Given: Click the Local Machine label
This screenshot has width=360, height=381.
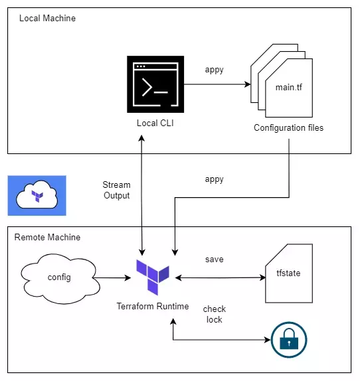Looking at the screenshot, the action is pos(47,18).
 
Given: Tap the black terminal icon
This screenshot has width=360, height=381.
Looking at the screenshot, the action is pos(155,84).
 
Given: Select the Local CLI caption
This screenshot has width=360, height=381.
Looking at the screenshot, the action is pos(155,123).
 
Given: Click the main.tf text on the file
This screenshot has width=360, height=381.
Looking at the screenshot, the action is pos(288,87).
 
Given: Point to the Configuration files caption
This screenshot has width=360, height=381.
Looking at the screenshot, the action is pos(288,128).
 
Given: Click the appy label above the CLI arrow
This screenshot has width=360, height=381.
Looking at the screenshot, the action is pos(214,70).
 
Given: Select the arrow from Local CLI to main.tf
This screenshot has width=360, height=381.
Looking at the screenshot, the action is pos(217,84).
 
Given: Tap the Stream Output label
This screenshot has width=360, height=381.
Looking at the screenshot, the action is pos(117,190).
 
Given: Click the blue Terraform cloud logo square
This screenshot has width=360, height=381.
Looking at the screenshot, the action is pos(37,196).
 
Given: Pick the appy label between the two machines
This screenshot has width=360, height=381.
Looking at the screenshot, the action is pos(214,179).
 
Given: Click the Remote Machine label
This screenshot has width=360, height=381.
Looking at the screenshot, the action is pos(47,237).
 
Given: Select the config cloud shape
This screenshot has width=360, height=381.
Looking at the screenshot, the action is pos(60,279).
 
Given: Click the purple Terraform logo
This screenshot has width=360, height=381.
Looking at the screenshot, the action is pos(153,277).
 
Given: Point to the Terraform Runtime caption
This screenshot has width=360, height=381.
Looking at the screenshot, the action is pos(153,306).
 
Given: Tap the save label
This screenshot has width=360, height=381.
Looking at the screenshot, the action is pos(214,260).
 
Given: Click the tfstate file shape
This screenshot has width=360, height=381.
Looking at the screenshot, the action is pos(289,273).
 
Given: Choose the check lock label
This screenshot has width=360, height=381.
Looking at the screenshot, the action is pos(214,314).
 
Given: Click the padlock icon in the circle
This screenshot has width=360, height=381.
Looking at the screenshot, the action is pos(289,340).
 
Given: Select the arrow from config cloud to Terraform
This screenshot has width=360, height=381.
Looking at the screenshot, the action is pos(112,277).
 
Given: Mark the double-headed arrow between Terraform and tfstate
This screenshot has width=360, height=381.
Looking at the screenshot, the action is pos(221,277).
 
